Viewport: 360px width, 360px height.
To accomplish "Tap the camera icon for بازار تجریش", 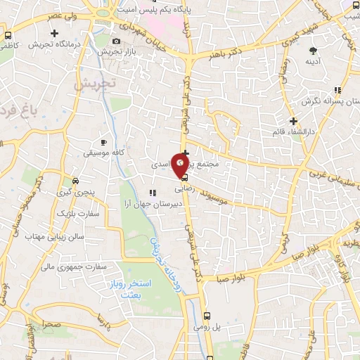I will (117, 41).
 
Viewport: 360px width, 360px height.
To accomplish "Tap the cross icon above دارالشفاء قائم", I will (293, 121).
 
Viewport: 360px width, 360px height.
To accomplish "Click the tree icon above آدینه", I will (313, 50).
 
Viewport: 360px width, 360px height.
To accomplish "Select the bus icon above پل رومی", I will (207, 317).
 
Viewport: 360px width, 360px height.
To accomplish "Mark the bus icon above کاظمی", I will (8, 34).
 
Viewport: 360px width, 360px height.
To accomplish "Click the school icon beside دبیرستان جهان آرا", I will (151, 192).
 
